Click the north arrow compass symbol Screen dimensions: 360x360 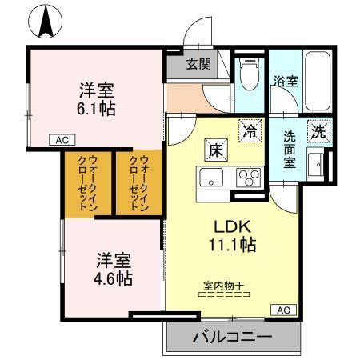pos(46,20)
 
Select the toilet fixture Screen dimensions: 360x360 pos(249,76)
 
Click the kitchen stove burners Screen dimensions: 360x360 pos(249,178)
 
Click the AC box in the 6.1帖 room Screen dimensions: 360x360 pos(62,140)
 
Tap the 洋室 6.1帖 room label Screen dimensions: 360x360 pos(96,97)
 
